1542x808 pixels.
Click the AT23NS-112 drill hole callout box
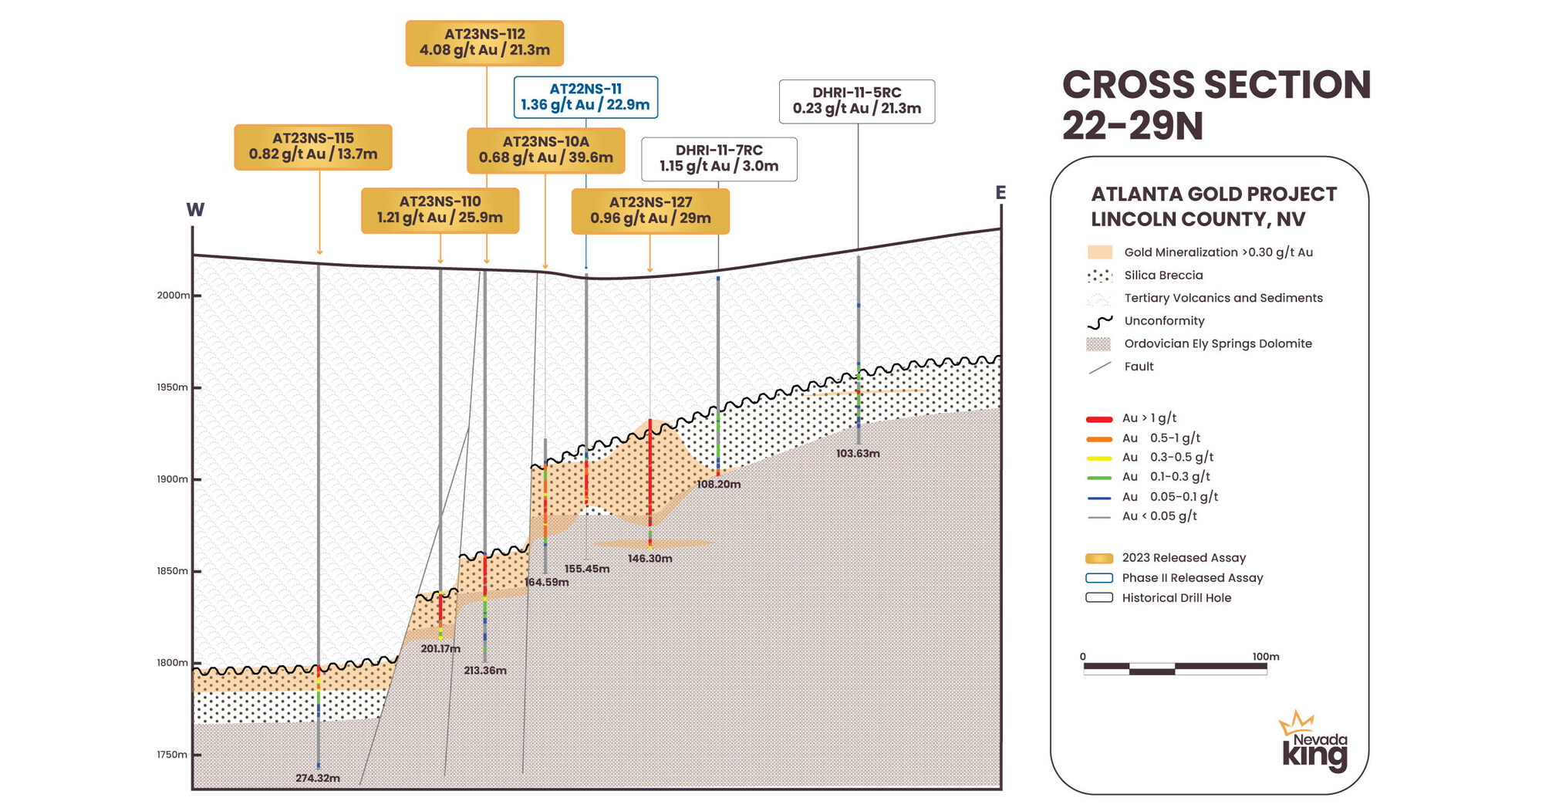tap(484, 42)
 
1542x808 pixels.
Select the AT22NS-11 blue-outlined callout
tap(585, 97)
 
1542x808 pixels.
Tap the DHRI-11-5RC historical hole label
tap(856, 101)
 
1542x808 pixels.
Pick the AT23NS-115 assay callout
tap(313, 147)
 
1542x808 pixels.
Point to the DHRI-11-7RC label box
tap(719, 159)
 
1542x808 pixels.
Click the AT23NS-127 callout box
tap(650, 211)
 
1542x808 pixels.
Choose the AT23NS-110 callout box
tap(440, 210)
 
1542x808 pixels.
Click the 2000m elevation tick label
tap(173, 296)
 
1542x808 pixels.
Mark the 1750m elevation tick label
tap(172, 755)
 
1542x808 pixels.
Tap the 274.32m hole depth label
tap(318, 778)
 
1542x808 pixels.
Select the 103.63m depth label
tap(858, 454)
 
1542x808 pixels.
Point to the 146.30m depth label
tap(650, 559)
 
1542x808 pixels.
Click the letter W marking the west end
tap(195, 210)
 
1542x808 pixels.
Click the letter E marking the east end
tap(1000, 193)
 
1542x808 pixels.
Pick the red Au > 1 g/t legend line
tap(1099, 419)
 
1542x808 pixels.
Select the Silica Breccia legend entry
tap(1162, 276)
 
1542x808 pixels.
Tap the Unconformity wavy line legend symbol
tap(1099, 322)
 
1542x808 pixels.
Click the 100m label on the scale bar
tap(1265, 657)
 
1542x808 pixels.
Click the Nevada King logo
tap(1314, 742)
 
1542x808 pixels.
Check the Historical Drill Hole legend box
tap(1099, 598)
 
